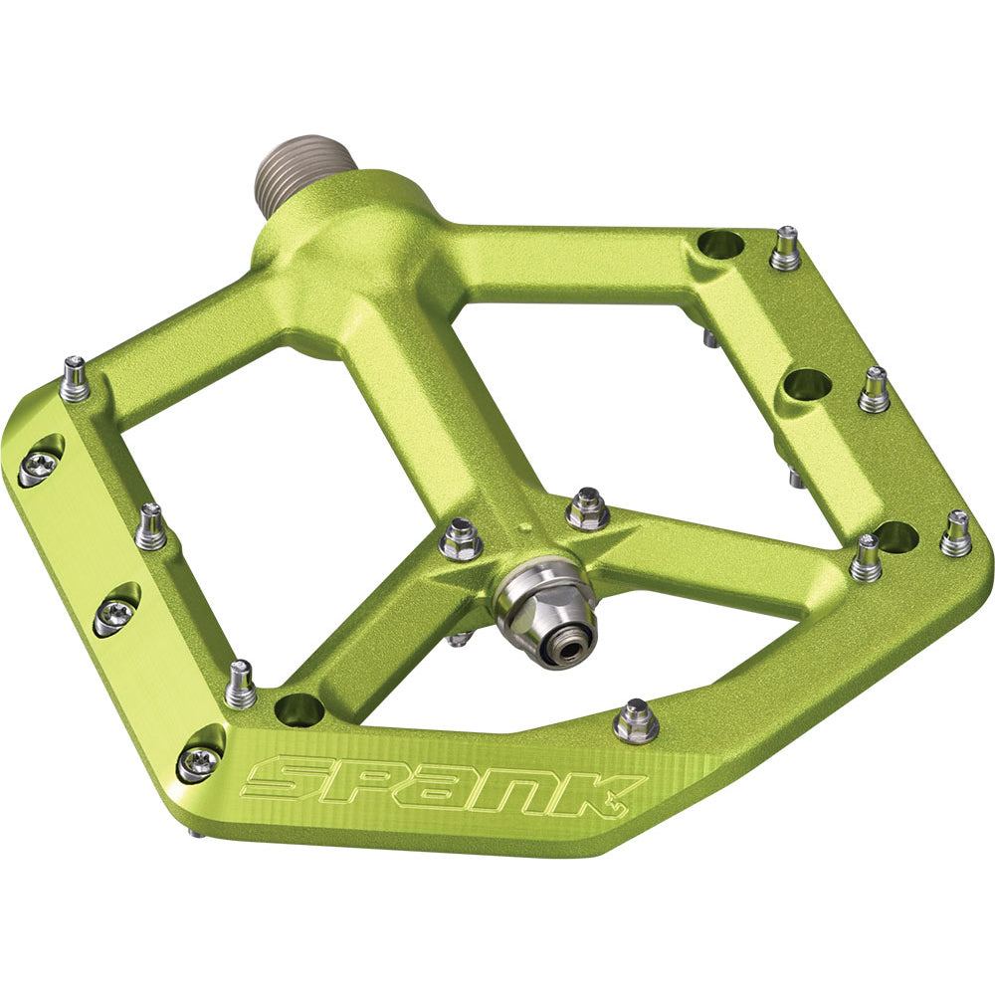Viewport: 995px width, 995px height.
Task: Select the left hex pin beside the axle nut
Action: click(x=460, y=538)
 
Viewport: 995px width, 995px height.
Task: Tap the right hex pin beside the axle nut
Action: click(x=587, y=509)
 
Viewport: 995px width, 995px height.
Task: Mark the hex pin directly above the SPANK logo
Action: click(x=635, y=721)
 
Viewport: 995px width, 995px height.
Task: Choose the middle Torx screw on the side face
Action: click(x=112, y=616)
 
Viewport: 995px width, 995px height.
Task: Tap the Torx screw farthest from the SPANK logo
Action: click(x=37, y=466)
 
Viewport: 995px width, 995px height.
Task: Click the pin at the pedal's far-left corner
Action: click(x=74, y=380)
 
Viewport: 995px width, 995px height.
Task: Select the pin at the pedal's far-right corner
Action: click(x=956, y=534)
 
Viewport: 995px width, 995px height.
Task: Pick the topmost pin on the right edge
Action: click(x=785, y=249)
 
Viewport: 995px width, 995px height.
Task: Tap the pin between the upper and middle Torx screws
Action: click(x=151, y=527)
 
